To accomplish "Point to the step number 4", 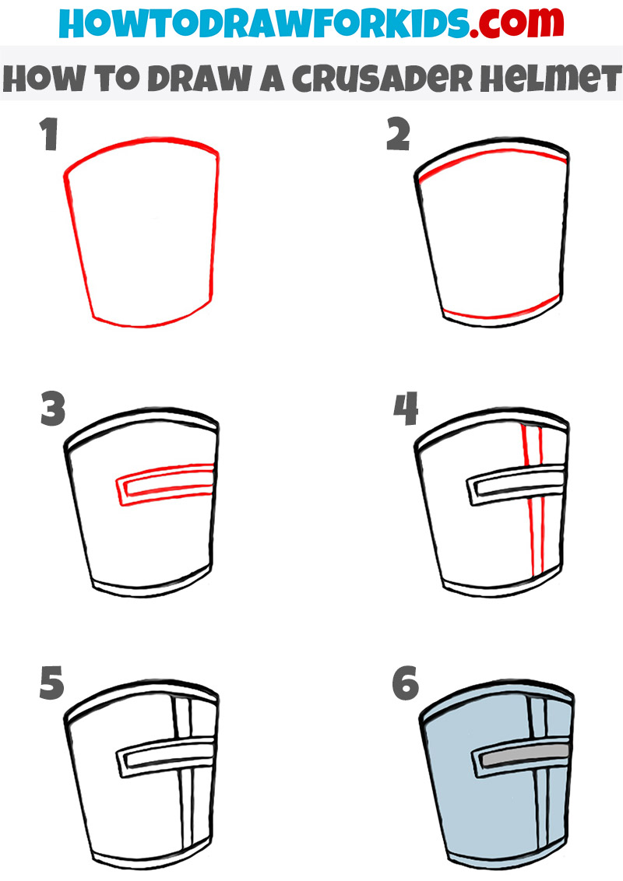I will (405, 409).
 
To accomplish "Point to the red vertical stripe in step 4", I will (533, 514).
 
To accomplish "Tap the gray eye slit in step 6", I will (522, 756).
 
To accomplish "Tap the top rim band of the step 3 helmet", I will (140, 426).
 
